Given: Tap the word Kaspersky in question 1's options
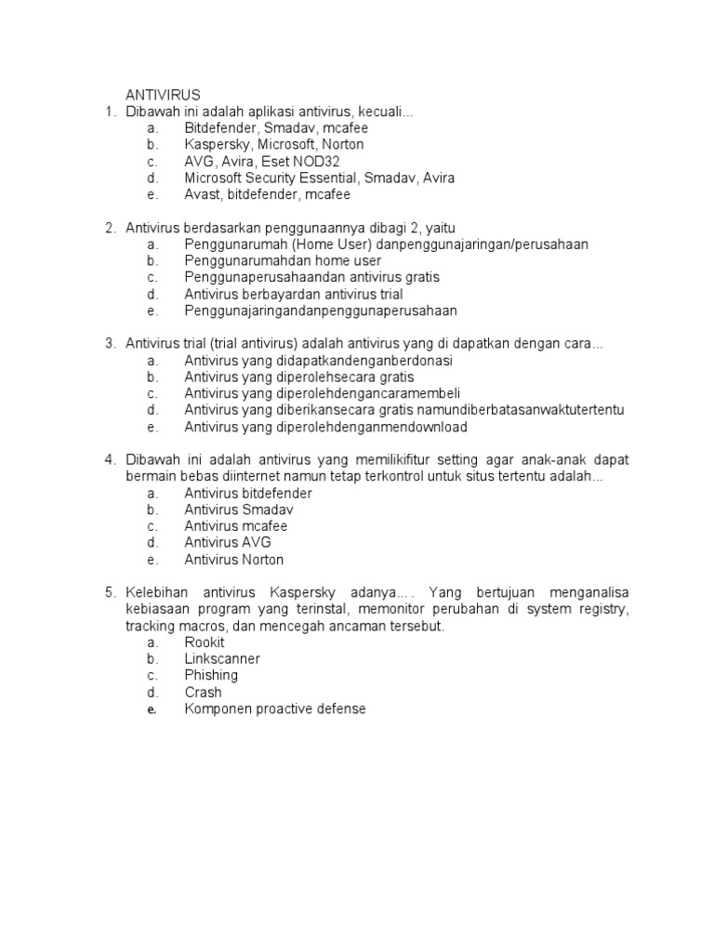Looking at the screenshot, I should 214,145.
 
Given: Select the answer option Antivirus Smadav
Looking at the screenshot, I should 227,510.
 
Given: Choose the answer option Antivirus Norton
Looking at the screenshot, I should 233,560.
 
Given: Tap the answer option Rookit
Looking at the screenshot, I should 205,642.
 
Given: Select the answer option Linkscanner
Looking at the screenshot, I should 222,659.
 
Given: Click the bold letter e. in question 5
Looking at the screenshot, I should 152,709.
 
